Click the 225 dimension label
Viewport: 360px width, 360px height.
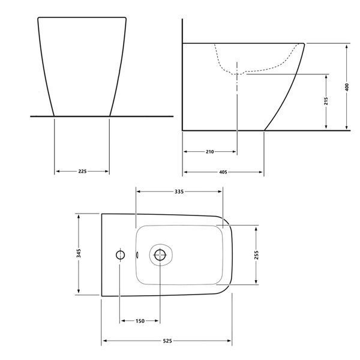(x=82, y=171)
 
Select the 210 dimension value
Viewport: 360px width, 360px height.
(x=210, y=152)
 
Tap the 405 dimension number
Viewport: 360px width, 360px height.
(x=223, y=172)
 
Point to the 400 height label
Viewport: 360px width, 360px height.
(x=347, y=87)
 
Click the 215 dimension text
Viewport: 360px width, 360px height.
(x=326, y=101)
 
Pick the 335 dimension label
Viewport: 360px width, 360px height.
(x=179, y=191)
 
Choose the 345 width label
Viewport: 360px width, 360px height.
(x=79, y=253)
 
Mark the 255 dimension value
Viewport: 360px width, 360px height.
(x=256, y=255)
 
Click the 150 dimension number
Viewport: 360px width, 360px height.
(x=140, y=321)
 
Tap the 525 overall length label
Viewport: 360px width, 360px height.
(x=167, y=341)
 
